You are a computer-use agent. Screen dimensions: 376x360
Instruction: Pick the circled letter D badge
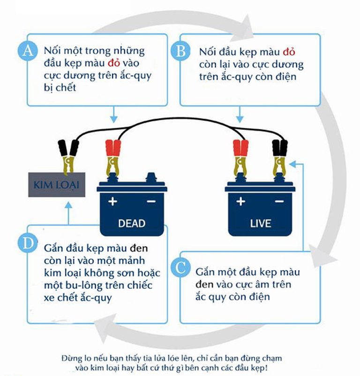click(x=28, y=243)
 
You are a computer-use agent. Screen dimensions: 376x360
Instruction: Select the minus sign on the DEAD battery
click(x=151, y=202)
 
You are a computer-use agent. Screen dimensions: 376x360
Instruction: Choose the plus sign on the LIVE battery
click(x=240, y=202)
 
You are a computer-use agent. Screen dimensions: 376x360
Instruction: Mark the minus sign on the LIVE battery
click(x=279, y=202)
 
